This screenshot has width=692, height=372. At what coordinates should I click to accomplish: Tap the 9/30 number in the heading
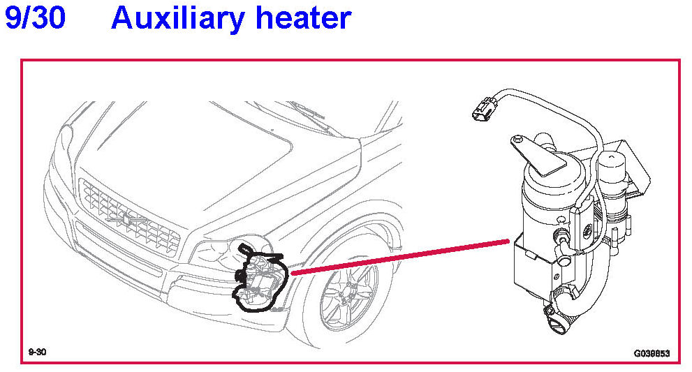click(35, 17)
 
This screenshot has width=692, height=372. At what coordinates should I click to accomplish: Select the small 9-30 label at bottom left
click(37, 353)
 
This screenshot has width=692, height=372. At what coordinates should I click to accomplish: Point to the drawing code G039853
click(651, 354)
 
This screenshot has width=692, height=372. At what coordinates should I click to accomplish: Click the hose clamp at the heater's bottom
click(555, 306)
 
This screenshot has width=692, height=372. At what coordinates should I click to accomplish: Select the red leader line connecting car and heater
click(398, 257)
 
